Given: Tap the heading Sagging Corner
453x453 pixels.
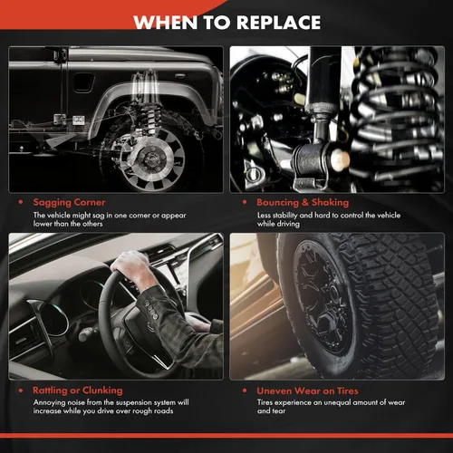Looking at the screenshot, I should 69,202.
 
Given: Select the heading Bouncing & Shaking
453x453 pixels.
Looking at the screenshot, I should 303,202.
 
